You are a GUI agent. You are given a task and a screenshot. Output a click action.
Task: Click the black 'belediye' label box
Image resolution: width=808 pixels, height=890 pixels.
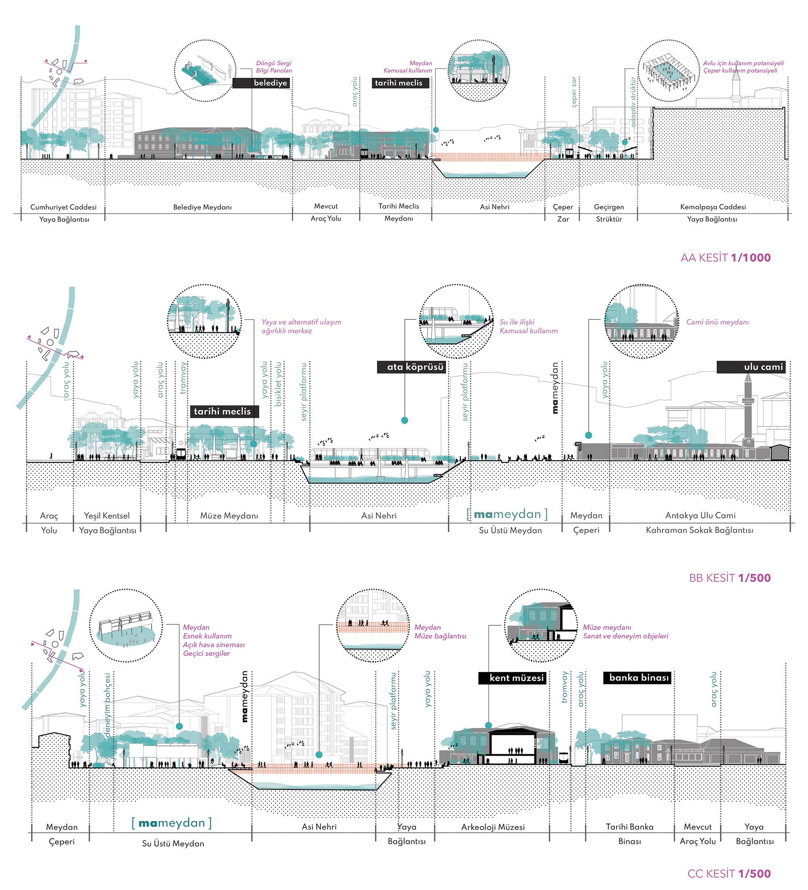pos(261,83)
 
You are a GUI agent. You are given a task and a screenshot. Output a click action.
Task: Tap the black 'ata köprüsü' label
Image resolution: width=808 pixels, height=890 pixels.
pos(411,367)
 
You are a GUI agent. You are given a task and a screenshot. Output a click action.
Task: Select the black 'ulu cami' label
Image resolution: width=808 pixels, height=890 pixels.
pos(751,367)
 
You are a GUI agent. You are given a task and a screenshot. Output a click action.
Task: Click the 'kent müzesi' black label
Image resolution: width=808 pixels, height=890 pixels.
pos(512,678)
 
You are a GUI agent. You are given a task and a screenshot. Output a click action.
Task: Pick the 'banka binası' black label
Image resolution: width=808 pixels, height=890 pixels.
pos(637,677)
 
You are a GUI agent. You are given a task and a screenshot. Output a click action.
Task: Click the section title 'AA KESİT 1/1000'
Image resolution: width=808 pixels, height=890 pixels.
pos(726,258)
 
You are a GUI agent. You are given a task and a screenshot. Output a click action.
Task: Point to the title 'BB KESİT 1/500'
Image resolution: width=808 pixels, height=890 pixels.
pos(729,578)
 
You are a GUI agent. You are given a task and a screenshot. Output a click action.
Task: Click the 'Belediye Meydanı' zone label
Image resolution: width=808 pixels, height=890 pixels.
pos(202,207)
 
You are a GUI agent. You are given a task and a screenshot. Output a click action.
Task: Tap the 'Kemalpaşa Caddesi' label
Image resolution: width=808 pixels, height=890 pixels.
pos(713,207)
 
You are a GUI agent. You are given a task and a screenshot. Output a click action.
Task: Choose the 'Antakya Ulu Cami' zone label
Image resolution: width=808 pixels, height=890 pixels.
pos(700,515)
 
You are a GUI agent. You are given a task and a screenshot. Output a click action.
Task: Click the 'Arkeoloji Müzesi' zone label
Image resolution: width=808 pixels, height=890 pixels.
pos(492,827)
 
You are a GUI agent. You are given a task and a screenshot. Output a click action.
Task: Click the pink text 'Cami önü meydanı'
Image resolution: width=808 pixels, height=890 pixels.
pos(717,322)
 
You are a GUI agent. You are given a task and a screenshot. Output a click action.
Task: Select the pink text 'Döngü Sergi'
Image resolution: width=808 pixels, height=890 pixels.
pos(274,63)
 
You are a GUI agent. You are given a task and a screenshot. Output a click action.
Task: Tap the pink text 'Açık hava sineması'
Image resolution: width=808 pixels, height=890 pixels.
pos(213,644)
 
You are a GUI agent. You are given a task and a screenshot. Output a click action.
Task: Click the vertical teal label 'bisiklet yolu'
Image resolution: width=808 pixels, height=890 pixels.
pos(278,384)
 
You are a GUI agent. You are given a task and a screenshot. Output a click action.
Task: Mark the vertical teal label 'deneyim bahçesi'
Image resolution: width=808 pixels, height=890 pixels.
pos(107,705)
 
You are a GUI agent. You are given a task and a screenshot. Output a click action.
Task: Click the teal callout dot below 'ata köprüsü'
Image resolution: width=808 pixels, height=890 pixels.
pos(404,420)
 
